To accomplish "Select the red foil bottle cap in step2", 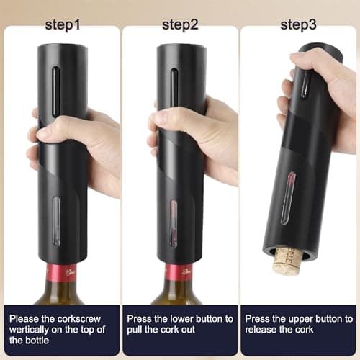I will point(179,272).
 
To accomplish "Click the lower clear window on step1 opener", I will point(57,219).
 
